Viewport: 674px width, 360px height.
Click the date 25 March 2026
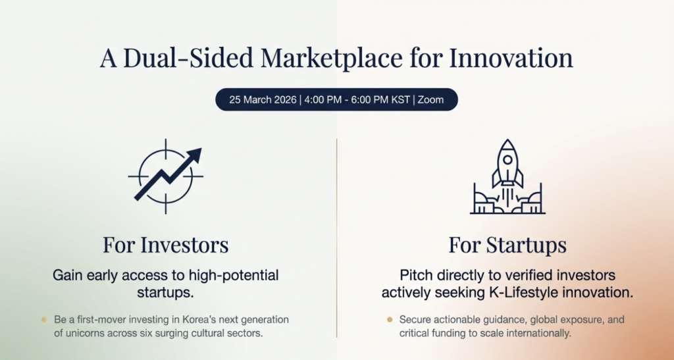pyautogui.click(x=263, y=99)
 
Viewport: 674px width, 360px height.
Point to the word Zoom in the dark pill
pyautogui.click(x=430, y=99)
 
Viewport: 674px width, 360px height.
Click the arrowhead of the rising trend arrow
pyautogui.click(x=194, y=155)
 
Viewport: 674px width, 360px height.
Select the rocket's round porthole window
pyautogui.click(x=507, y=159)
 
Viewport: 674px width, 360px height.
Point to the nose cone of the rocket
pyautogui.click(x=507, y=145)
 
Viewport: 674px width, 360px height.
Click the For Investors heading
pyautogui.click(x=165, y=245)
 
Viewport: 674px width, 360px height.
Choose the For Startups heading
pyautogui.click(x=507, y=245)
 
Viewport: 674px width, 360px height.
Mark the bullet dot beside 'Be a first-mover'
pyautogui.click(x=44, y=320)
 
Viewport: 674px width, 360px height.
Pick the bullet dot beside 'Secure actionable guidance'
pyautogui.click(x=390, y=320)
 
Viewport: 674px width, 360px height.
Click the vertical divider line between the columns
pyautogui.click(x=336, y=238)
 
